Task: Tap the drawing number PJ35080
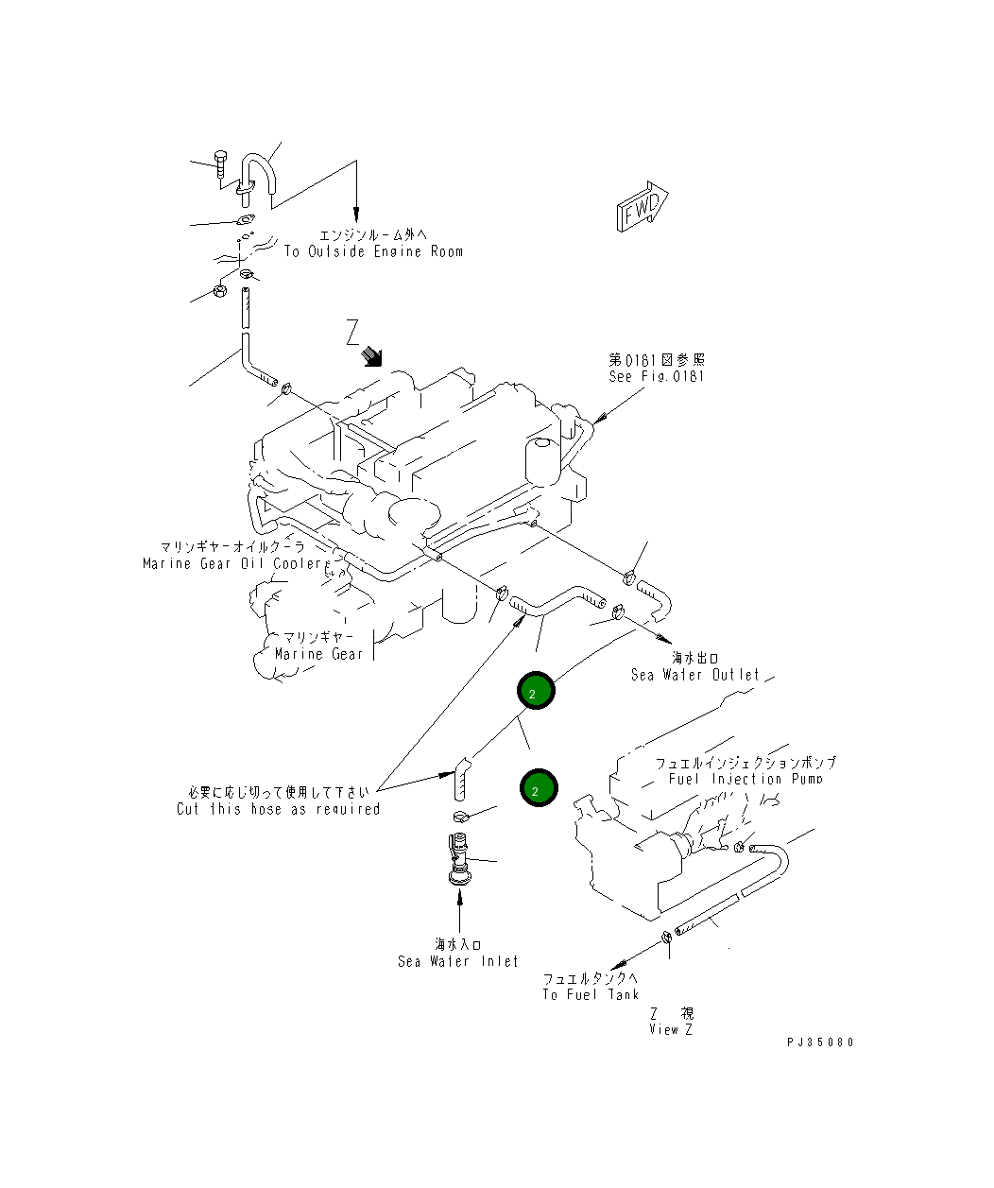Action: click(x=819, y=1042)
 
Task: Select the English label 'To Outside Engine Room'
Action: click(x=373, y=252)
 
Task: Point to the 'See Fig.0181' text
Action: click(x=656, y=376)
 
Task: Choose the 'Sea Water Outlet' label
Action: click(x=694, y=675)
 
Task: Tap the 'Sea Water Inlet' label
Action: click(x=457, y=961)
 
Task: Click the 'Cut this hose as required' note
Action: click(x=278, y=809)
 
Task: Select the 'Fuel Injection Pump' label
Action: click(x=745, y=779)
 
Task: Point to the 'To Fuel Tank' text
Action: click(x=591, y=994)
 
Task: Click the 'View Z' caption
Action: click(x=671, y=1029)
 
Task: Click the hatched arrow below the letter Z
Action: click(x=374, y=355)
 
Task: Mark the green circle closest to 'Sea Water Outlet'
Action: click(x=536, y=692)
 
